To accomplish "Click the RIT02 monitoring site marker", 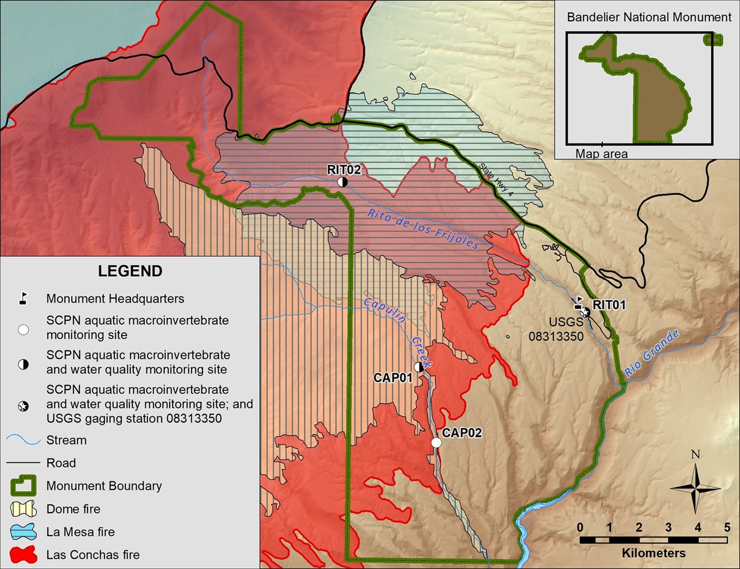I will coord(342,182).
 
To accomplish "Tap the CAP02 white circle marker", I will coord(436,443).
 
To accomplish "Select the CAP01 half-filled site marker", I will coord(420,367).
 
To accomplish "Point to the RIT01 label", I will coord(609,305).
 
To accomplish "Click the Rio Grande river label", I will coord(652,353).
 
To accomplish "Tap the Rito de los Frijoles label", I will coord(423,229).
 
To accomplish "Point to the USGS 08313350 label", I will coord(556,330).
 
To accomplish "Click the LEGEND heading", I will coord(130,271).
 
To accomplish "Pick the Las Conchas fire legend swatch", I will coord(23,554).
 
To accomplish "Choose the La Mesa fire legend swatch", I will coord(23,531).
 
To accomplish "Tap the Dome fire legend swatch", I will coord(23,509).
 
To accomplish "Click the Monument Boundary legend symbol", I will coord(23,486).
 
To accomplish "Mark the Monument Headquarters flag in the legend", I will coord(23,298).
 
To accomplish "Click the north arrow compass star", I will coord(695,488).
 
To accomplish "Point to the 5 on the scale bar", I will coord(727,527).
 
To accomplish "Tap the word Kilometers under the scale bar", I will coord(653,553).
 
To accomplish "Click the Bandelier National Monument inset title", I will coord(649,18).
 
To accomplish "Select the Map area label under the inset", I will coord(601,154).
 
